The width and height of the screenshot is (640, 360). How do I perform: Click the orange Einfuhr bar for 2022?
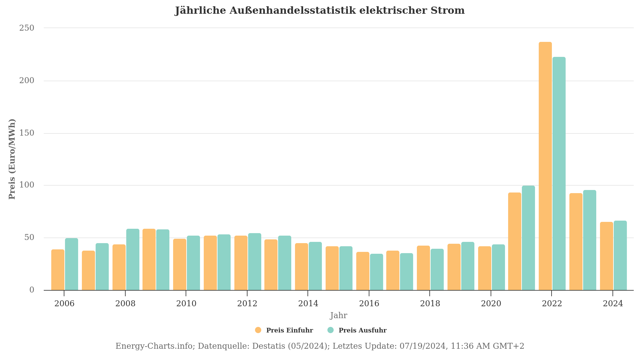545,166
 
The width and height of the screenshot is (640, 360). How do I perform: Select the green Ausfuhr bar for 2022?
559,173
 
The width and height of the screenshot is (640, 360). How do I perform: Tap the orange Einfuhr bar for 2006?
58,270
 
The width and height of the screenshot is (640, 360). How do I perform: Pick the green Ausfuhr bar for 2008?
133,259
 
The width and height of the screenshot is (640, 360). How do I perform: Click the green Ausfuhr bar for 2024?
620,255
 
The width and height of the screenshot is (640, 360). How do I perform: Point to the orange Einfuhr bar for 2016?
363,271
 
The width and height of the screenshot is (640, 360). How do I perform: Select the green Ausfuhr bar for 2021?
528,238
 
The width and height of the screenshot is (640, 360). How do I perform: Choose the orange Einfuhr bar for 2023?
576,242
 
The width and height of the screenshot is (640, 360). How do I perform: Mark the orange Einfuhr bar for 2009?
149,259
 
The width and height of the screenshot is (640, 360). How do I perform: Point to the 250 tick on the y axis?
27,28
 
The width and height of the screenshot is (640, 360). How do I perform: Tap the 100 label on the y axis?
27,185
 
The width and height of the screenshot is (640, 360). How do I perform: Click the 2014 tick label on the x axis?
308,303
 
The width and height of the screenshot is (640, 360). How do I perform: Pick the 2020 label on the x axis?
491,303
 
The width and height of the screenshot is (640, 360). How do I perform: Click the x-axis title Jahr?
338,315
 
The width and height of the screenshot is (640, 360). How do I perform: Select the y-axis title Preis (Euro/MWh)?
12,159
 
